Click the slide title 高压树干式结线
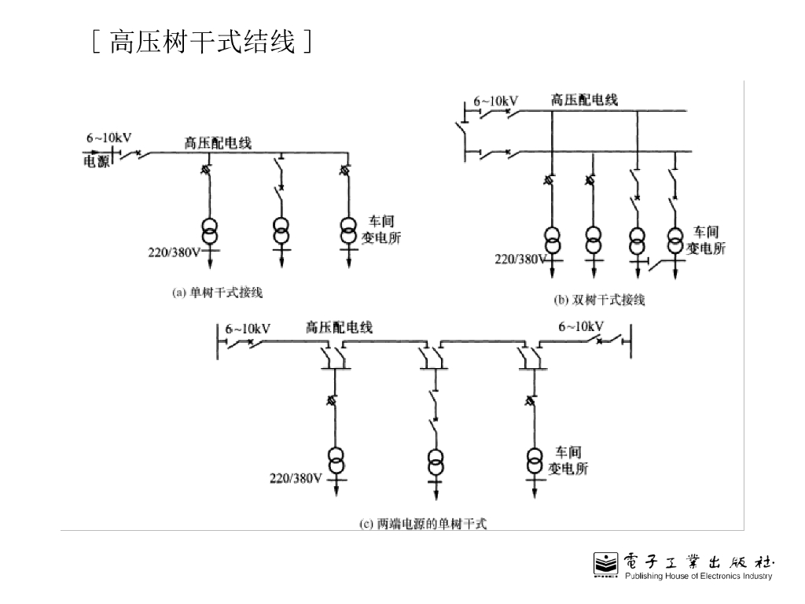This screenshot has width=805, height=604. (x=203, y=42)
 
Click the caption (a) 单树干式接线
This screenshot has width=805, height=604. (x=217, y=293)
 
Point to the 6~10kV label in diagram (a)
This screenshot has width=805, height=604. (x=108, y=138)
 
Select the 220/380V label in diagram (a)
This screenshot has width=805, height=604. (x=175, y=253)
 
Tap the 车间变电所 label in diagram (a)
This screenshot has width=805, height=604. (x=381, y=230)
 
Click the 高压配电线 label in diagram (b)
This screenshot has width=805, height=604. (x=584, y=100)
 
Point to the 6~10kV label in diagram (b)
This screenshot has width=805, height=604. (x=495, y=101)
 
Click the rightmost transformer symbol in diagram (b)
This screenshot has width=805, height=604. (x=675, y=239)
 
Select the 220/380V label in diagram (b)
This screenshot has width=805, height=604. (x=520, y=259)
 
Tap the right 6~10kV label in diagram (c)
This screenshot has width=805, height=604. (x=581, y=326)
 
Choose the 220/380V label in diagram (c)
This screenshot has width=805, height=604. (x=296, y=478)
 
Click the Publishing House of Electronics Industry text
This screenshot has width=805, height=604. (x=698, y=576)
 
